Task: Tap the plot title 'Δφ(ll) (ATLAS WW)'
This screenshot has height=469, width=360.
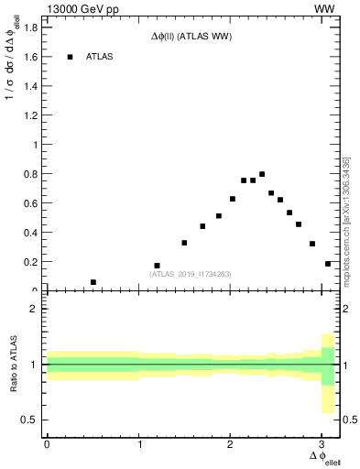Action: tap(191, 37)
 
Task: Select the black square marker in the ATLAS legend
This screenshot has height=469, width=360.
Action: tap(70, 57)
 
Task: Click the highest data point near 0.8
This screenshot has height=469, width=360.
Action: tap(262, 174)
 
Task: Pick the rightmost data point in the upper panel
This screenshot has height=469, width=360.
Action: tap(328, 264)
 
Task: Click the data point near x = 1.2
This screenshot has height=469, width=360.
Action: tap(158, 266)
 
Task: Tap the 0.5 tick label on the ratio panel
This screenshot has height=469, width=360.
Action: tap(29, 420)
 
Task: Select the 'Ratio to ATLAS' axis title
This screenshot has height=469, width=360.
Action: tap(12, 364)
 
